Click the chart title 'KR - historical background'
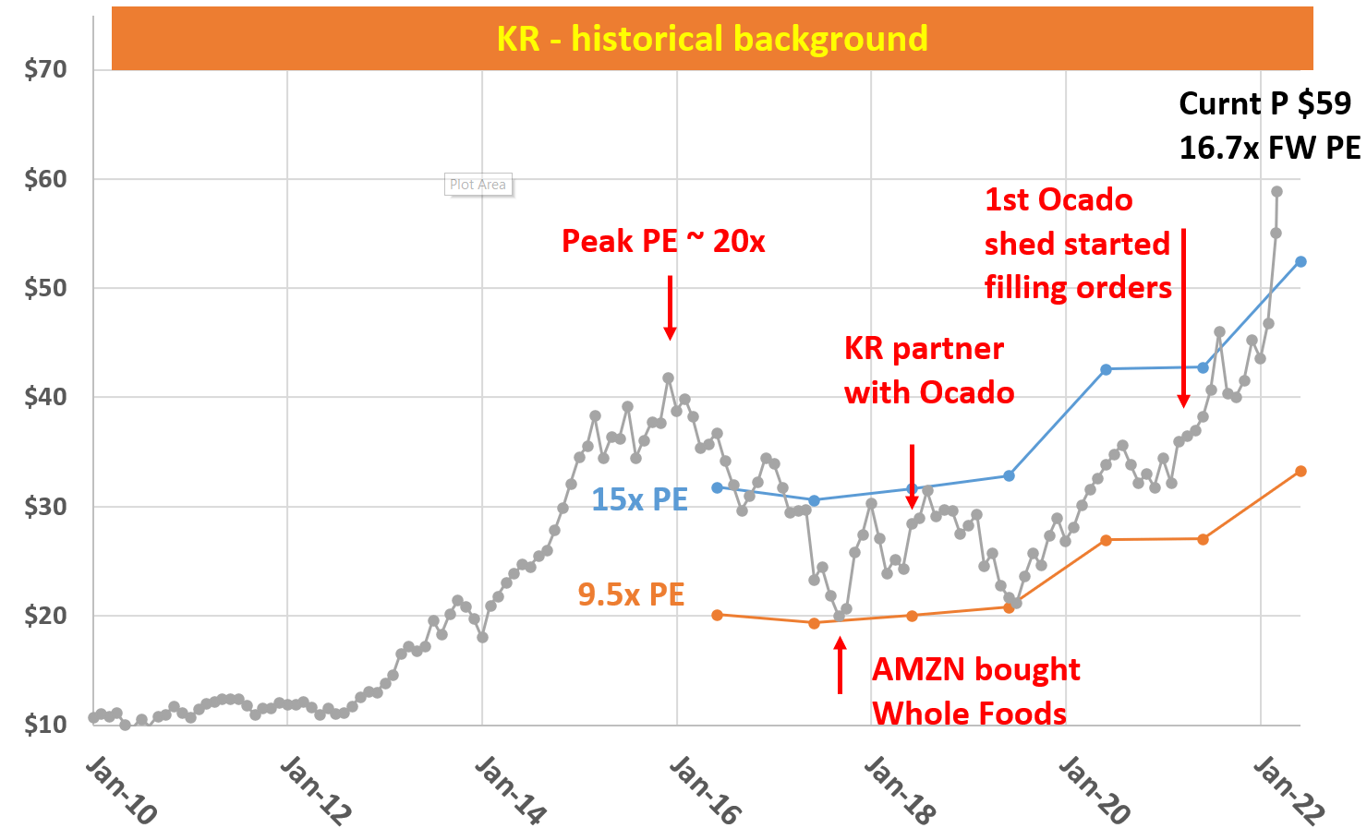[x=711, y=39]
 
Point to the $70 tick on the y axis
[x=45, y=69]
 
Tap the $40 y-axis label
[x=45, y=397]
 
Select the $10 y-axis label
[x=45, y=725]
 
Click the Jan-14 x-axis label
[x=510, y=790]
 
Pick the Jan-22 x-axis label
[x=1288, y=790]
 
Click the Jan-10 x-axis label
[x=121, y=790]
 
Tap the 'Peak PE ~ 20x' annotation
[x=663, y=242]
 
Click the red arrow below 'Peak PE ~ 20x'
[x=670, y=308]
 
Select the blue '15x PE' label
[x=639, y=499]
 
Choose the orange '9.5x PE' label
[x=631, y=594]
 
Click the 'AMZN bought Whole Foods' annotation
[x=975, y=691]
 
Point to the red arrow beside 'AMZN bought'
[x=840, y=666]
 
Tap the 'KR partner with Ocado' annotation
[x=928, y=370]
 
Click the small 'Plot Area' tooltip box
[x=478, y=185]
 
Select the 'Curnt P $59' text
[x=1264, y=103]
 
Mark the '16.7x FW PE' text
[x=1269, y=148]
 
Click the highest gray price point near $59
[x=1276, y=192]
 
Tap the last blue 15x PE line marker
[x=1300, y=262]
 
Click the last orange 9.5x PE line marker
[x=1300, y=472]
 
